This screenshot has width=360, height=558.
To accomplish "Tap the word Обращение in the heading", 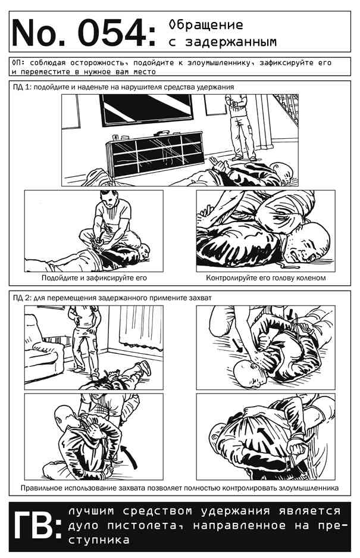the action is tap(206, 25).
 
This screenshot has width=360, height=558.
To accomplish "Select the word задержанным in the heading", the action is tap(230, 42).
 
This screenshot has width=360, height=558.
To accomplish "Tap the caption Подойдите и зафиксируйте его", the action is tap(94, 278).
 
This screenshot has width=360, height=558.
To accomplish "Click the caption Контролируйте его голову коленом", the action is tap(266, 278).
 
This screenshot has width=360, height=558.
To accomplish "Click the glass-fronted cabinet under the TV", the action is tap(156, 154).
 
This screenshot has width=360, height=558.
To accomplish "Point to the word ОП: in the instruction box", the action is tap(18, 63).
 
